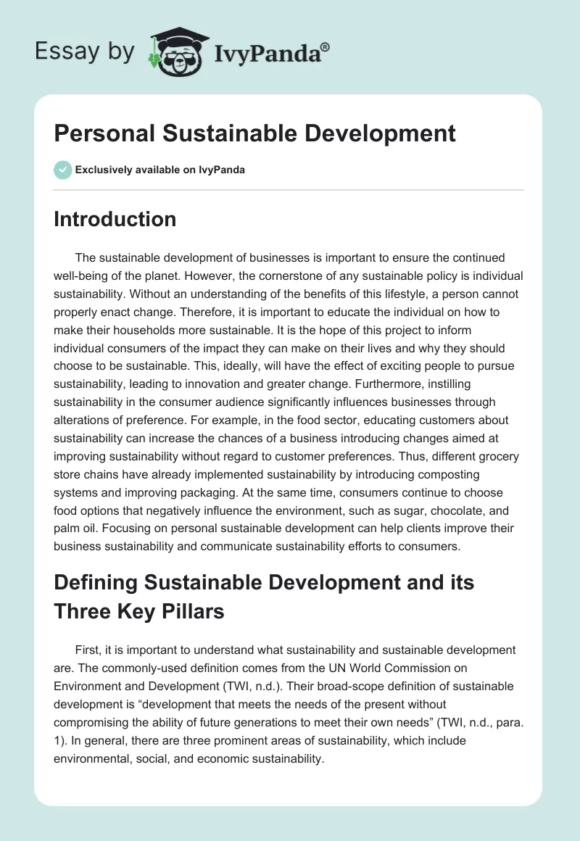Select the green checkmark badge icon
(62, 170)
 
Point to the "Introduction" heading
(115, 219)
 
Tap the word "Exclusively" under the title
(102, 170)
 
